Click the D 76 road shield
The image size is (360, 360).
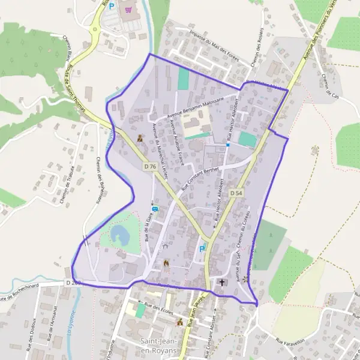[150, 166]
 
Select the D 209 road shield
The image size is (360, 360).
[73, 282]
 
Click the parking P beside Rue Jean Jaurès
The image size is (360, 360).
[202, 248]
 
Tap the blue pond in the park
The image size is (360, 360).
[118, 233]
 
